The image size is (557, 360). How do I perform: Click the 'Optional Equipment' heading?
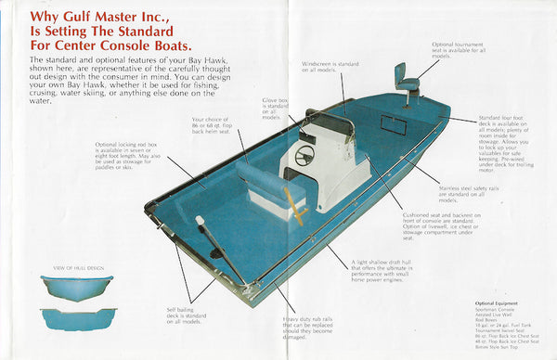pyautogui.click(x=497, y=302)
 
